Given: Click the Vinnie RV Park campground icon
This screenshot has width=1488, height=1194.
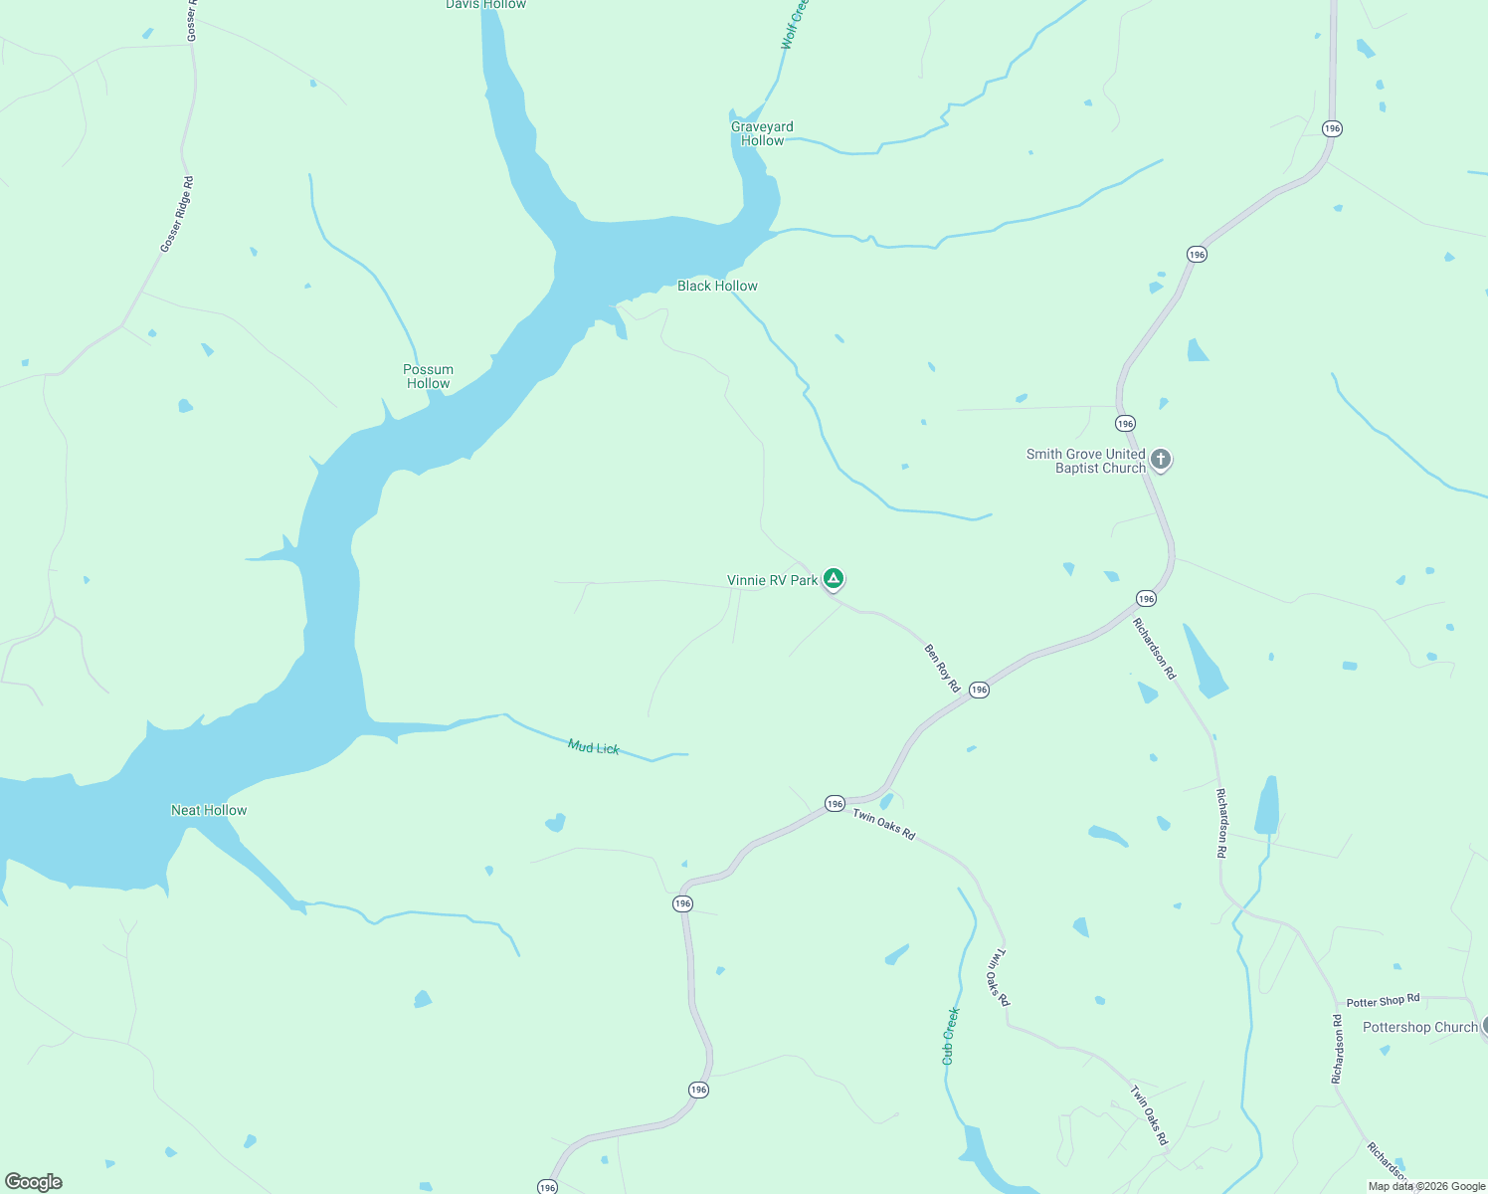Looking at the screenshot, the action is click(x=834, y=578).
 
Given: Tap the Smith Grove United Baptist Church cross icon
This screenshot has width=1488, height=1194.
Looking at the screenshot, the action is click(x=1160, y=460).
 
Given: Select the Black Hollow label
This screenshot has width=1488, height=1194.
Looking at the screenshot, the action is click(x=717, y=287).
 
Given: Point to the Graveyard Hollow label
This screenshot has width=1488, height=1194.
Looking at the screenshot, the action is click(x=762, y=133).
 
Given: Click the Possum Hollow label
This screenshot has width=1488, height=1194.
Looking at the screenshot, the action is click(x=428, y=376).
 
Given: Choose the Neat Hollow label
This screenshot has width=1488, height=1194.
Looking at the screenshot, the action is click(x=209, y=810).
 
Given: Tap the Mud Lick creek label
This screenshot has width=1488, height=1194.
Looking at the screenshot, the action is click(x=594, y=747).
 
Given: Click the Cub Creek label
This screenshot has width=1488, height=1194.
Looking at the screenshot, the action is click(x=951, y=1036).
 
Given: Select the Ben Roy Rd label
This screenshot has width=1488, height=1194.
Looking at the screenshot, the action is click(x=942, y=669).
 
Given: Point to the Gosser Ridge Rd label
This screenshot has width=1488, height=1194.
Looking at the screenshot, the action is click(x=177, y=215).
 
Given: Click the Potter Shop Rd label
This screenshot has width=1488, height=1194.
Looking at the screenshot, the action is click(x=1383, y=1001).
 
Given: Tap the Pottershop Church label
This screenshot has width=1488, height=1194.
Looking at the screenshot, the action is click(x=1419, y=1027).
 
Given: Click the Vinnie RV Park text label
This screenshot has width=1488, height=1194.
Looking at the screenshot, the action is click(x=772, y=580).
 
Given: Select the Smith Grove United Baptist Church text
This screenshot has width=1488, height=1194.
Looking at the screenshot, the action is click(x=1086, y=461).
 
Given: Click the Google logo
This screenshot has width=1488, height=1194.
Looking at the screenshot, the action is click(x=34, y=1182).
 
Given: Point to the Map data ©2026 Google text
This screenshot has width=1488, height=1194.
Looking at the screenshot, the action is click(x=1426, y=1186).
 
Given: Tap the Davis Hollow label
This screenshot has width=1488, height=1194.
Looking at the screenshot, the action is click(x=485, y=5).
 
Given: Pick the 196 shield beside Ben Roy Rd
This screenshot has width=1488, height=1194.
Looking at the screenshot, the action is click(x=980, y=690).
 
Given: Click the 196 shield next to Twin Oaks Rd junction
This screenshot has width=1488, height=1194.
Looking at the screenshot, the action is click(x=835, y=803).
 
